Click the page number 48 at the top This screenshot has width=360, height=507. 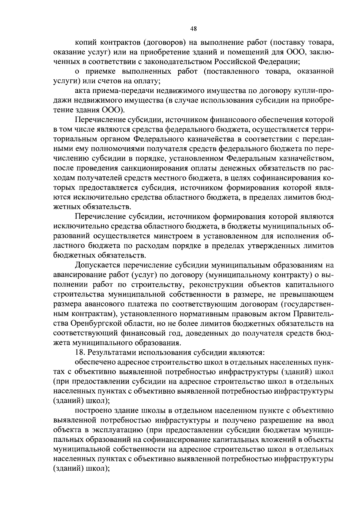[x=193, y=29]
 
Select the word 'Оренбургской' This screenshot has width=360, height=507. [x=102, y=323]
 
